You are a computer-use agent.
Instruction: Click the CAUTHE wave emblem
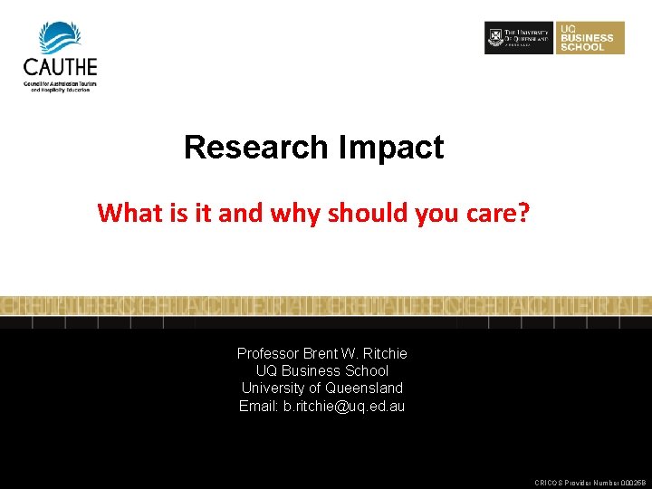[x=60, y=37]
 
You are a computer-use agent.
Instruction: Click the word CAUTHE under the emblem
[x=60, y=67]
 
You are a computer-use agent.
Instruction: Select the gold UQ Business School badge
[x=590, y=38]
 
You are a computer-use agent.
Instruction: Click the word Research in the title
[x=256, y=148]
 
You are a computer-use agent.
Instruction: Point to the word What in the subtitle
[x=123, y=213]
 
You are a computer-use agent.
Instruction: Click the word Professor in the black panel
[x=269, y=353]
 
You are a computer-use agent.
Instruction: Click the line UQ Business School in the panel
[x=321, y=370]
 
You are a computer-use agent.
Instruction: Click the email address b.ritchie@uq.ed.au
[x=344, y=406]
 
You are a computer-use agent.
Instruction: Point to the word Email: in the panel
[x=259, y=406]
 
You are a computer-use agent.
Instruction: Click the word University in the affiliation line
[x=271, y=388]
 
